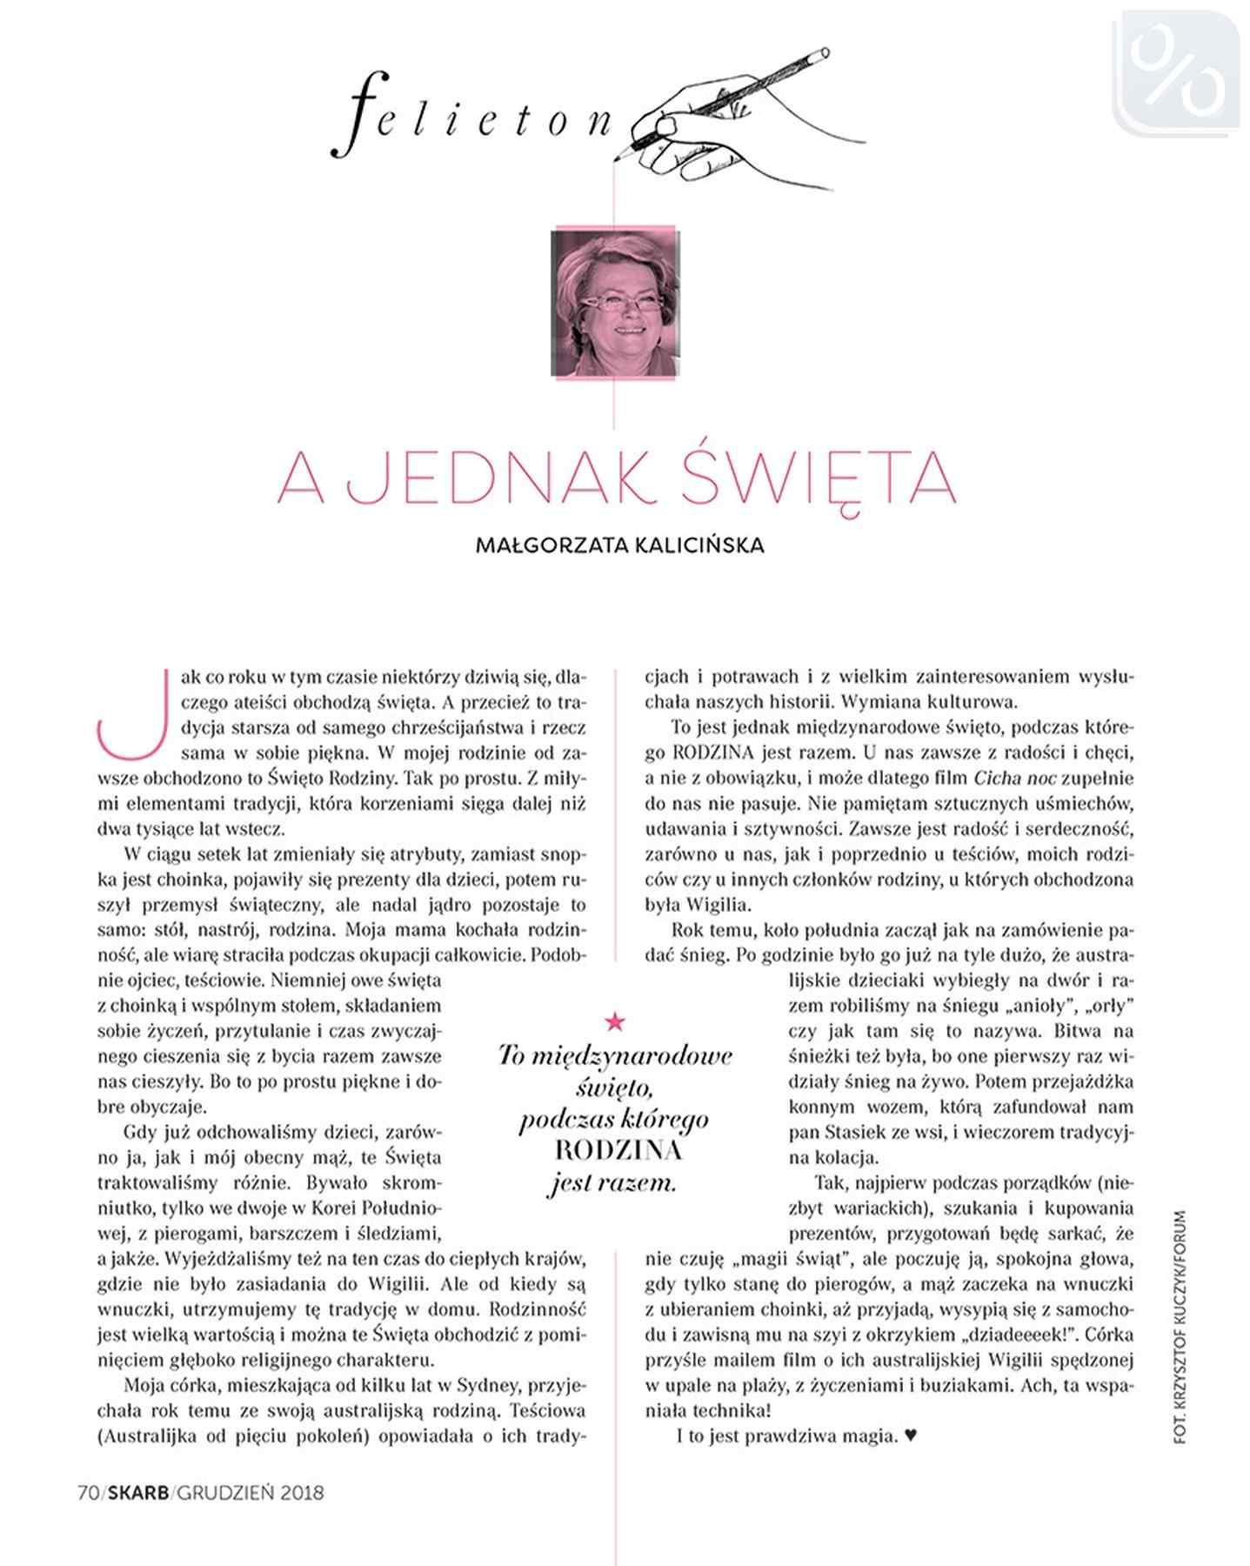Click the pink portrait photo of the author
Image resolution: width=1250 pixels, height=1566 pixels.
pyautogui.click(x=616, y=304)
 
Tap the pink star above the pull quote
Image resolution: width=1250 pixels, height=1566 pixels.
pyautogui.click(x=615, y=1020)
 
